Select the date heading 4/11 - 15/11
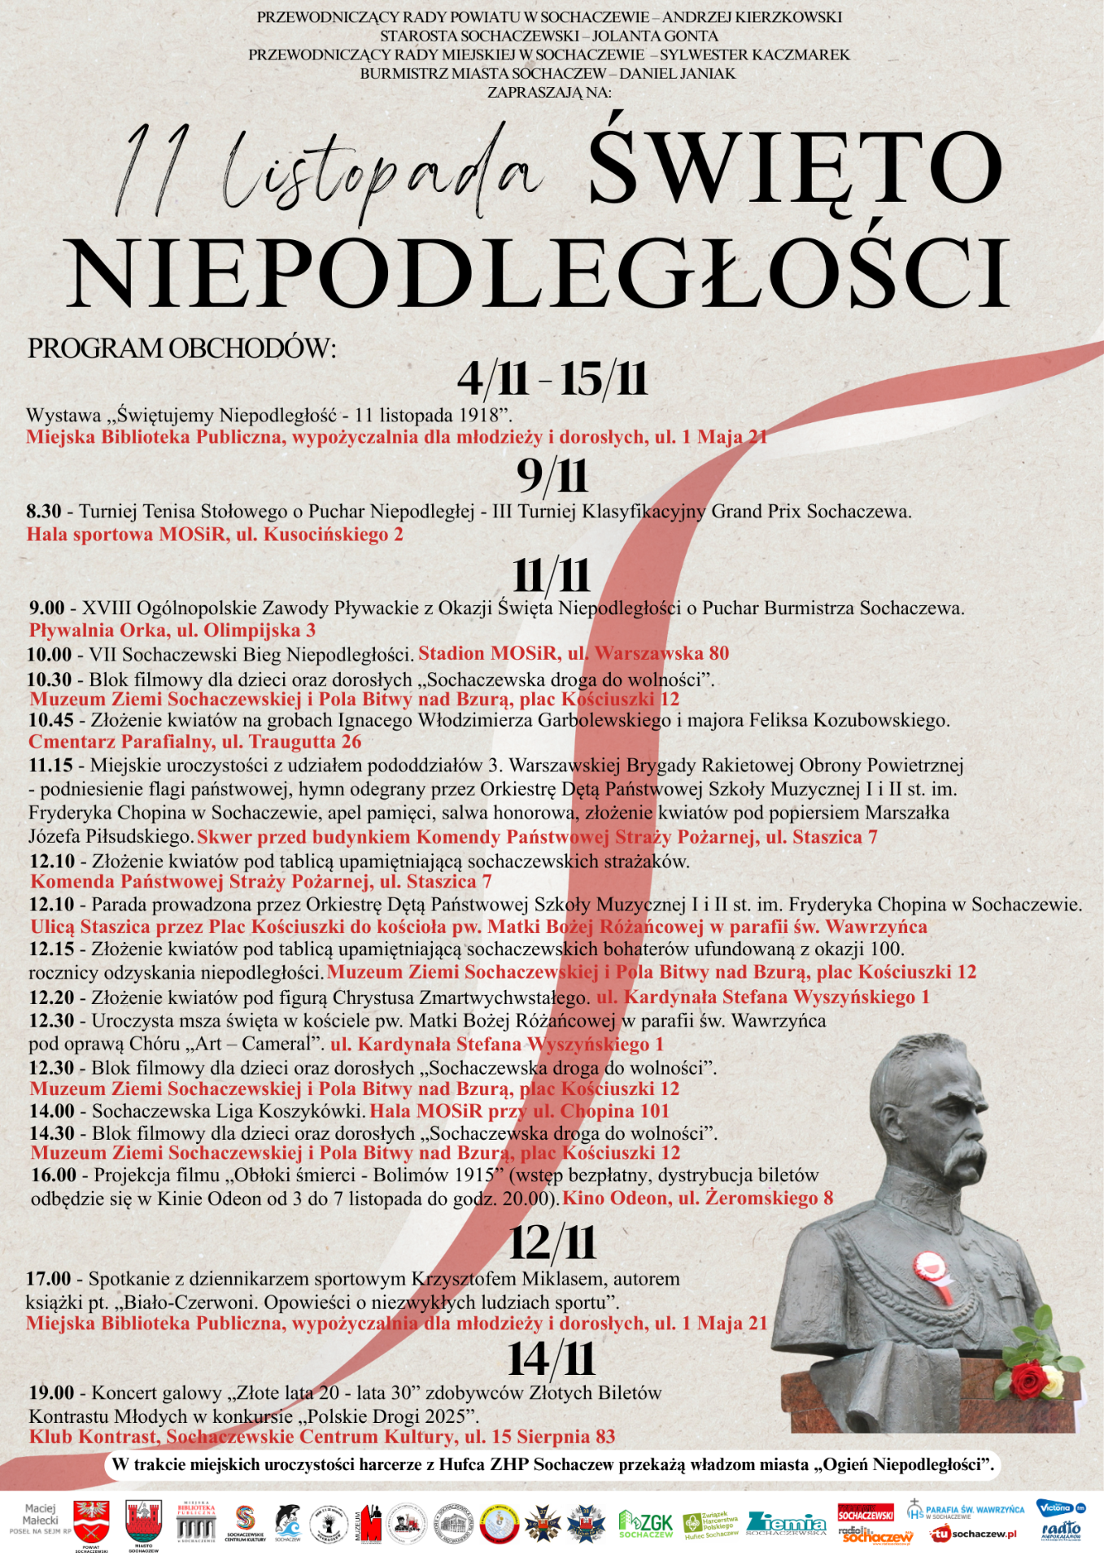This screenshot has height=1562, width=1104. pos(552,379)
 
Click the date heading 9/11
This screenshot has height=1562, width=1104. pos(552,476)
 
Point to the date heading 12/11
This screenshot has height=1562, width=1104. pos(552,1242)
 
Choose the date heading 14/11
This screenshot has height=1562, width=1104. pos(552,1359)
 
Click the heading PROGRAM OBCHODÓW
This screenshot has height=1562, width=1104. pos(181,348)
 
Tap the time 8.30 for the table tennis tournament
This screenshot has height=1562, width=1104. pos(44,512)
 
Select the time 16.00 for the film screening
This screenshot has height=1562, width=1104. pos(54,1176)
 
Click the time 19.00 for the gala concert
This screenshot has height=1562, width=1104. pos(51,1394)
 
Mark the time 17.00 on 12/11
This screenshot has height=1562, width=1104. pos(49,1279)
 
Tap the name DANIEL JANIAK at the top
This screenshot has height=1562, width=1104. pos(678,74)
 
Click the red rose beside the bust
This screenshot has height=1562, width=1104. pos(1028,1378)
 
